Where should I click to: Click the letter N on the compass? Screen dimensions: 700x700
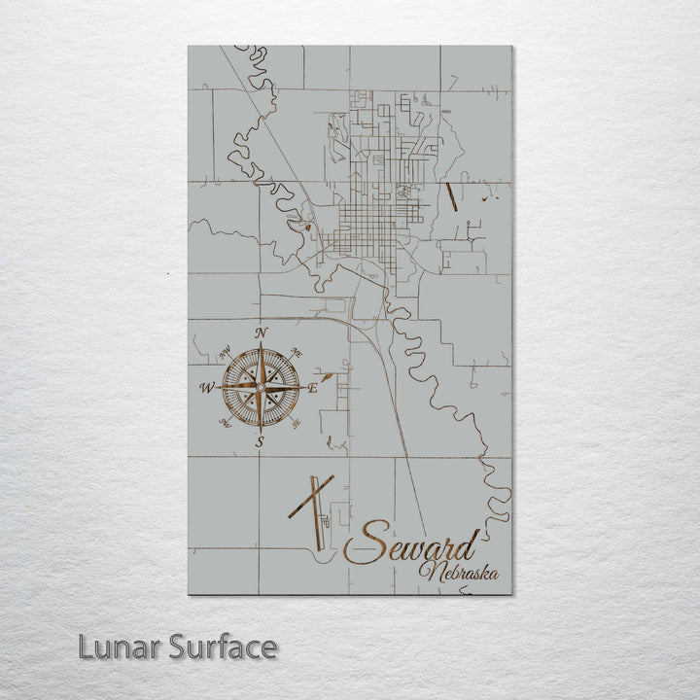click(261, 333)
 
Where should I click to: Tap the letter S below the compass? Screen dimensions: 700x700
click(260, 442)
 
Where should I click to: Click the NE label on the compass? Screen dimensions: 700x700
click(297, 353)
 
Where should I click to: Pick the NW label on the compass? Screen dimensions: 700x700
click(226, 352)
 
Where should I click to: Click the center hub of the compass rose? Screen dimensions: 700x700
click(261, 387)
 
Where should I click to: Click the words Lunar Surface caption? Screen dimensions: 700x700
click(178, 647)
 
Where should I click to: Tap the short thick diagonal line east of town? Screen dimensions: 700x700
click(452, 197)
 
